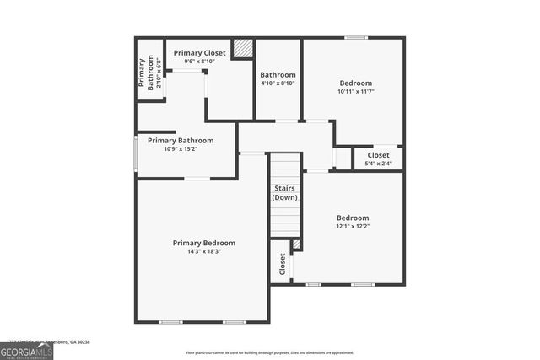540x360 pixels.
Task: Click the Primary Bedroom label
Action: click(x=204, y=243)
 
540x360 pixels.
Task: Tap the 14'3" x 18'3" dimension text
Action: click(x=204, y=251)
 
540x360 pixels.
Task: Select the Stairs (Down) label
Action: click(x=284, y=193)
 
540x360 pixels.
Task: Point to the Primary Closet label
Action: click(x=200, y=53)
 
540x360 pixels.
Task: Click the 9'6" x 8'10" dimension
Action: click(x=200, y=61)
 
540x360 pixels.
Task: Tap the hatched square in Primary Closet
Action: click(x=243, y=48)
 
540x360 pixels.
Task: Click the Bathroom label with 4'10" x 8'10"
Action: click(x=278, y=75)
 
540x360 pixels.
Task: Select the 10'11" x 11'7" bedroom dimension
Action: click(x=355, y=91)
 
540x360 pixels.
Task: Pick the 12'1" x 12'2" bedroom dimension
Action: click(x=353, y=226)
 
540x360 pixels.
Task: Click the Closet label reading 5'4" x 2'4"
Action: click(x=378, y=155)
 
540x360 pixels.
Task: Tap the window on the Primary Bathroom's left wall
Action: click(x=136, y=154)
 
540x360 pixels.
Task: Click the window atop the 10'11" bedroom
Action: click(x=356, y=37)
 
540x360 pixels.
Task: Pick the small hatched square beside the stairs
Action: click(x=296, y=244)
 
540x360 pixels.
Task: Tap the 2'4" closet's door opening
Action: click(x=342, y=158)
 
